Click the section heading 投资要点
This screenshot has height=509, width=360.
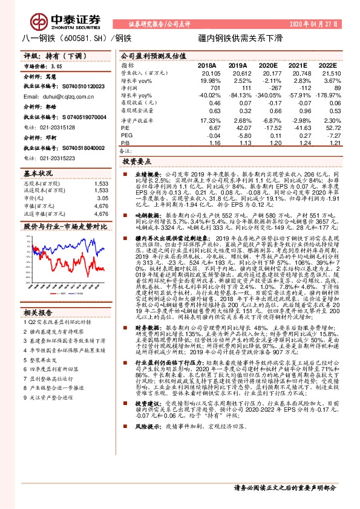135,162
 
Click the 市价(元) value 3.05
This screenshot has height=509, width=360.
103,198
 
